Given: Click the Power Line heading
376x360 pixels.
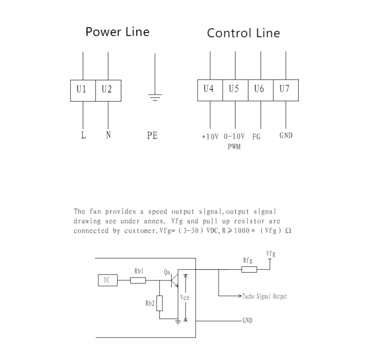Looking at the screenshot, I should coord(117,32).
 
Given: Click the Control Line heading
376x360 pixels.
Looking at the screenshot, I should coord(243,33).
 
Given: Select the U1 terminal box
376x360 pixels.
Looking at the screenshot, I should coord(83,91).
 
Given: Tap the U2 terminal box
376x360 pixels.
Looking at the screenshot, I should coord(108,91).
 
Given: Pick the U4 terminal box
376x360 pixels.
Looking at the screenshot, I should coord(210,90).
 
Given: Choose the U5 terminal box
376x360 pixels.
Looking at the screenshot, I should coord(235,90).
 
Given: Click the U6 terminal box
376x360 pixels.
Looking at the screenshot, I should coord(260,90).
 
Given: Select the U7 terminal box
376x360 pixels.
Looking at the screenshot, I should coord(285,90).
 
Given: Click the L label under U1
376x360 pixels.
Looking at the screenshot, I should coord(84,135).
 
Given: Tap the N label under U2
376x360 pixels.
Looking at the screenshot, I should coord(108,135).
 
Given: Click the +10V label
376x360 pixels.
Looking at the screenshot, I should coord(210,136).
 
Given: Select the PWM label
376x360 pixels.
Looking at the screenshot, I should coord(234,147).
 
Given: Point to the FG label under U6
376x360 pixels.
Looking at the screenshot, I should coord(256,136).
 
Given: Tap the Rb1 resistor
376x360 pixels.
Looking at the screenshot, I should coord(138,280).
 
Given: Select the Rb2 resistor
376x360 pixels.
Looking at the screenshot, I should coord(159,303).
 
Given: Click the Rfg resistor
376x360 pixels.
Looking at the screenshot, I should coord(249,269).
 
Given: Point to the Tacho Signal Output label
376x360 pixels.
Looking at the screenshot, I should coord(266,297).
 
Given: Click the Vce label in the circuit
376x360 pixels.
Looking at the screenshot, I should coord(185,298).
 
